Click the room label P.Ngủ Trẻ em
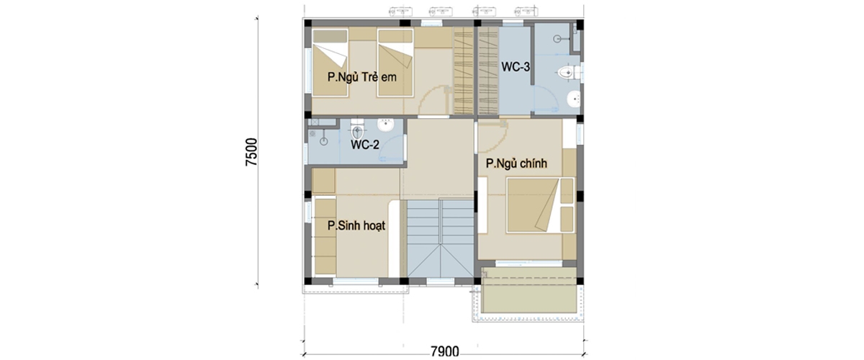click(361, 77)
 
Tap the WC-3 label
click(516, 67)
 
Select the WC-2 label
click(364, 145)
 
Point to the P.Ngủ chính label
click(516, 163)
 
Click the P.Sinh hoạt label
click(356, 226)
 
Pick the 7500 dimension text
click(251, 152)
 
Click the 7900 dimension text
click(445, 351)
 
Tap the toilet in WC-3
click(569, 73)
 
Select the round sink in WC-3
click(574, 99)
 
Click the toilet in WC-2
click(357, 130)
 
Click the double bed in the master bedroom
click(540, 205)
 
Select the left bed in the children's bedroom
click(330, 62)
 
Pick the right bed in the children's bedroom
click(395, 62)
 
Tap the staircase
click(440, 238)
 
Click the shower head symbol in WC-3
click(557, 39)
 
